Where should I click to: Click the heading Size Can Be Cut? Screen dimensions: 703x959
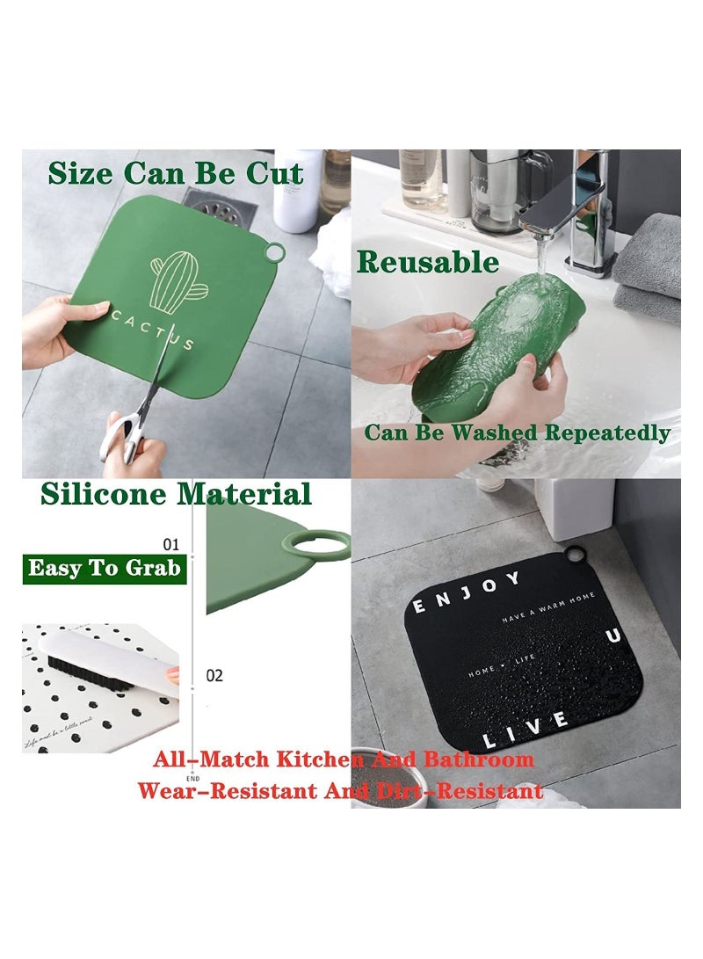point(176,173)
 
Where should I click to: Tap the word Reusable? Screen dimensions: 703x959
point(428,262)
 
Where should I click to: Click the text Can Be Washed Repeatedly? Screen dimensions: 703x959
point(518,432)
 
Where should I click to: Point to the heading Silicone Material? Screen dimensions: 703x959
point(176,494)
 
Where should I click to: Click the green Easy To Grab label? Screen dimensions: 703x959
point(104,568)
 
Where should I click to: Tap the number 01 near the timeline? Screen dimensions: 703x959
point(171,544)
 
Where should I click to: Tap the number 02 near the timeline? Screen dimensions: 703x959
point(214,676)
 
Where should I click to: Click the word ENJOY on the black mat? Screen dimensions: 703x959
point(467,592)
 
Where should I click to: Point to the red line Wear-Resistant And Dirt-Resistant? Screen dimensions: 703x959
point(340,790)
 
